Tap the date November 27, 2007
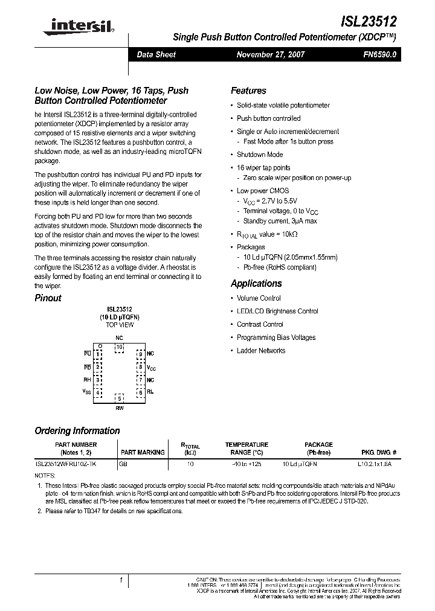tap(270, 54)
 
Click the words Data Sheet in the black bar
tap(156, 54)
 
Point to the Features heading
tap(248, 91)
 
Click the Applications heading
tap(256, 283)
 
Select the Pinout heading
tap(48, 298)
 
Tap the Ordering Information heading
tap(77, 430)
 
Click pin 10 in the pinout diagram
tap(120, 347)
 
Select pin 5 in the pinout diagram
tap(120, 398)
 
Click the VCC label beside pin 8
tap(151, 367)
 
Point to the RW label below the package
tap(120, 408)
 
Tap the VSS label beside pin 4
tap(87, 392)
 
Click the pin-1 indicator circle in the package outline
tap(100, 346)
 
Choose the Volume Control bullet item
tap(259, 298)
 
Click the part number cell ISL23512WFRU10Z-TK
tap(65, 464)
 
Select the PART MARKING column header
tap(143, 452)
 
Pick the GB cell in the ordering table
tap(123, 464)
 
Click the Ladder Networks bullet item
tap(261, 351)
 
